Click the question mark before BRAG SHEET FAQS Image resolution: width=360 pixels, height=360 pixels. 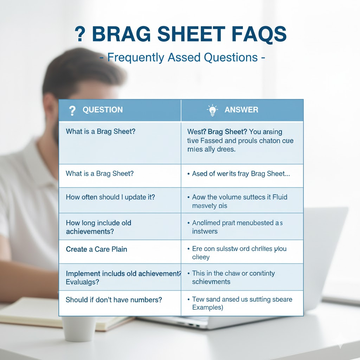pos(81,34)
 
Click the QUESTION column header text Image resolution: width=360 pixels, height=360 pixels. pos(103,110)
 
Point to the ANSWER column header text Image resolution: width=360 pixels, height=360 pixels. pos(241,110)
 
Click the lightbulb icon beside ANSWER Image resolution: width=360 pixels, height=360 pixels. pos(212,110)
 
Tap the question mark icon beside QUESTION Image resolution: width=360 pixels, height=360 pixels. pos(72,111)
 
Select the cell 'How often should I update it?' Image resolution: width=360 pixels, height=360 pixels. pos(110,197)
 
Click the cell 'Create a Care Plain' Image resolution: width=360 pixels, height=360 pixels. pos(97,249)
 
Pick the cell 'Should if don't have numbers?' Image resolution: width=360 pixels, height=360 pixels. pos(114,300)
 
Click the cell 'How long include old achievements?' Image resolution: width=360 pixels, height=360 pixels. pos(98,227)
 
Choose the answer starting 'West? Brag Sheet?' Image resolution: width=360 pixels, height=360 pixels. pos(240,141)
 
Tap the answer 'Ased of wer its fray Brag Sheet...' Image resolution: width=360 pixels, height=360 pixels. pos(241,174)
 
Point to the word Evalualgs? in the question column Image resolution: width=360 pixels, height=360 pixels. pos(83,282)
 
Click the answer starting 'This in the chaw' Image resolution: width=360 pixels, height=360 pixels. pos(233,277)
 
